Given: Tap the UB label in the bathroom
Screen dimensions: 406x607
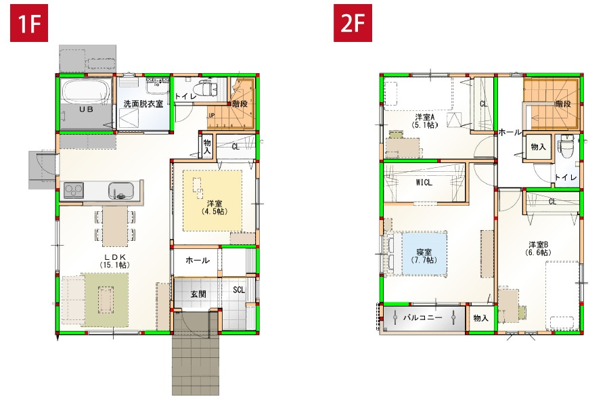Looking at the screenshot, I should (86, 109).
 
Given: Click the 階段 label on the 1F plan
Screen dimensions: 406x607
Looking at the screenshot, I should (239, 104).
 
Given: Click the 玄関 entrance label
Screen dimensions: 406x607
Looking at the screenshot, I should (198, 294).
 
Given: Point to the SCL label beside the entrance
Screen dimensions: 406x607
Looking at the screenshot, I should (239, 290).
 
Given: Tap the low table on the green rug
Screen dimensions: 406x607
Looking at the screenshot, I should (106, 298).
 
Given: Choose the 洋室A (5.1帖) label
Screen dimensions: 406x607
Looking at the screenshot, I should (426, 120).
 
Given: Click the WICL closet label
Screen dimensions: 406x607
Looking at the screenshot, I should (424, 182).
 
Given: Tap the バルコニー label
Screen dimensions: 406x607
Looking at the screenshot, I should (423, 317).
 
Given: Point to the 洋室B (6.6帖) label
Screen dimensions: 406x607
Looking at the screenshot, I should (538, 248).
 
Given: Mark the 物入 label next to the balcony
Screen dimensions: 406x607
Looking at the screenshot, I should (480, 317).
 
